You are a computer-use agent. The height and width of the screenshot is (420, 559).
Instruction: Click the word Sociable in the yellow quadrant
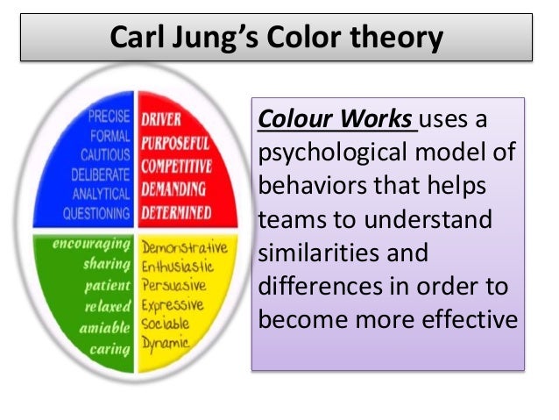click(166, 324)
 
